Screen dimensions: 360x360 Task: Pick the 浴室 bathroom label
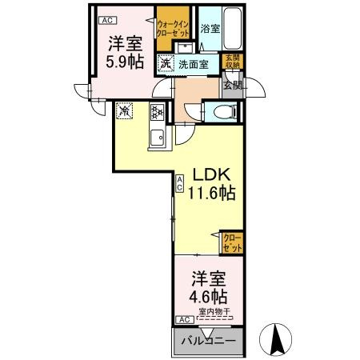210,29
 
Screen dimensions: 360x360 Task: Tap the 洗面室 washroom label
193,63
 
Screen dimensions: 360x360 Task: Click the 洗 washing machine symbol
164,62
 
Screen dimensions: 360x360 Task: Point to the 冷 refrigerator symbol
125,111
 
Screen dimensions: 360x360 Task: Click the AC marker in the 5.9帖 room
106,20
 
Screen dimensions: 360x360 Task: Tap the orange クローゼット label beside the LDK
231,242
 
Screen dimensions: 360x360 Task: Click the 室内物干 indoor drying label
215,312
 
